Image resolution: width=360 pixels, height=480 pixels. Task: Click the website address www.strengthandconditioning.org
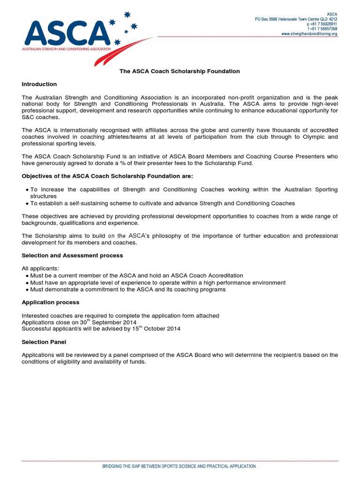(309, 34)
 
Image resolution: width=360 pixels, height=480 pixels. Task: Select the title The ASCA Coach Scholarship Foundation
(180, 71)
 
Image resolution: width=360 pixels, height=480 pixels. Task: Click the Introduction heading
(39, 84)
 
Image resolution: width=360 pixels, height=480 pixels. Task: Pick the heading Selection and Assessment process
(72, 255)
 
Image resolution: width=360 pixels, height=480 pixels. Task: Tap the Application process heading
(51, 302)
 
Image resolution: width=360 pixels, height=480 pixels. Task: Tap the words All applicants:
(38, 269)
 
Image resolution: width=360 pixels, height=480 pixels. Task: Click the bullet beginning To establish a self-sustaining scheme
(162, 203)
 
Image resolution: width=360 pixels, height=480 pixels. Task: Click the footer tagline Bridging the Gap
(180, 466)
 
